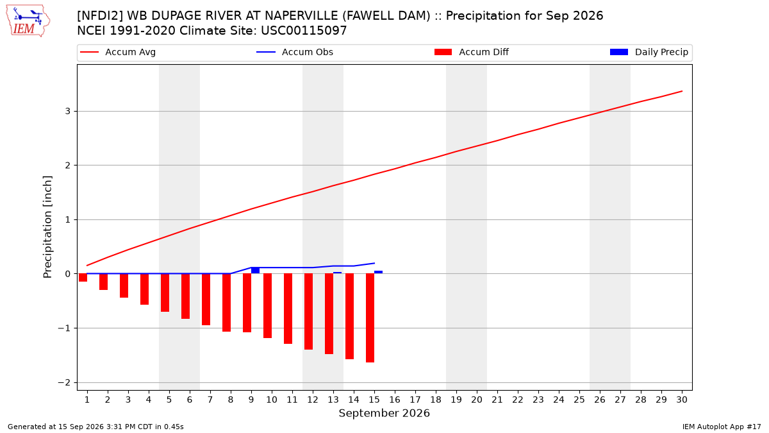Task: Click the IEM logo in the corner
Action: (x=28, y=21)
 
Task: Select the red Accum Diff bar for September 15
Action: (x=370, y=318)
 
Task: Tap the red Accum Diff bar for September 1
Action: (x=83, y=278)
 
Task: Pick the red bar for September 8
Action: (x=227, y=303)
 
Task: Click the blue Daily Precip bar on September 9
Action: (x=256, y=271)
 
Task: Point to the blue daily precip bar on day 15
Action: (x=378, y=272)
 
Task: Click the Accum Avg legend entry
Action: (x=118, y=52)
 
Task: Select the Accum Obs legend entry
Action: (x=295, y=52)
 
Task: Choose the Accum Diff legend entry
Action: (x=472, y=52)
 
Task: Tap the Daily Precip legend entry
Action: (x=649, y=52)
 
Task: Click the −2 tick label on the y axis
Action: (x=64, y=382)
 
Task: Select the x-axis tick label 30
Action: (x=682, y=400)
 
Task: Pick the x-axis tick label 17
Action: (x=415, y=400)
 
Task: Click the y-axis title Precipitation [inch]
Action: (x=47, y=227)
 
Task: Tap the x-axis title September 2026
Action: (x=384, y=413)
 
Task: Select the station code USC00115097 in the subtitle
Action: (x=304, y=31)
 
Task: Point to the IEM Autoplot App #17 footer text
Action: (x=722, y=427)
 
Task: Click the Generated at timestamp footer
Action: (x=95, y=427)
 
